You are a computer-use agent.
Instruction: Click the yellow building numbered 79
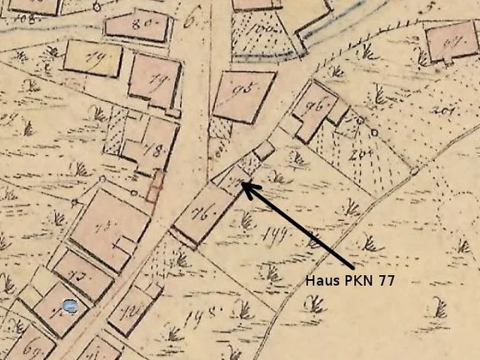92,58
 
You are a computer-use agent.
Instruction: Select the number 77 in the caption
383,281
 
